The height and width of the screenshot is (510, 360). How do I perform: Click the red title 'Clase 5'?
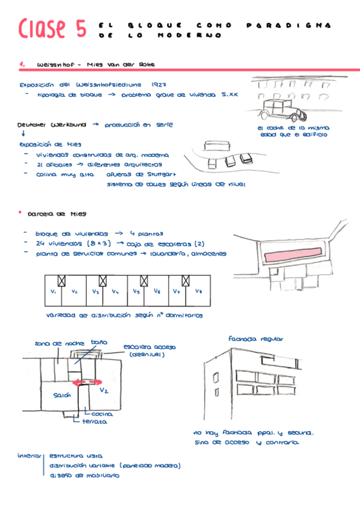[52, 29]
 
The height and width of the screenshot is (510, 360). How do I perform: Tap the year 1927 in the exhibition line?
[159, 85]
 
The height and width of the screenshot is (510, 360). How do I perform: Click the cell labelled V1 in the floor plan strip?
[53, 292]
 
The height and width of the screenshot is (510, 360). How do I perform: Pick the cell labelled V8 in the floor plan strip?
[198, 292]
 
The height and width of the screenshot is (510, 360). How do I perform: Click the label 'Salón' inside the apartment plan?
[62, 395]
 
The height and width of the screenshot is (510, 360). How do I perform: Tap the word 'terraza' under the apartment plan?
[95, 422]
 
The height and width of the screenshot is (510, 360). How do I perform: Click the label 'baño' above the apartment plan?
[99, 342]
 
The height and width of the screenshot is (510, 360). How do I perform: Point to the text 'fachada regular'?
[255, 339]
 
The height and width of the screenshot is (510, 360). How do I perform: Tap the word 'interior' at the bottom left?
[30, 455]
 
